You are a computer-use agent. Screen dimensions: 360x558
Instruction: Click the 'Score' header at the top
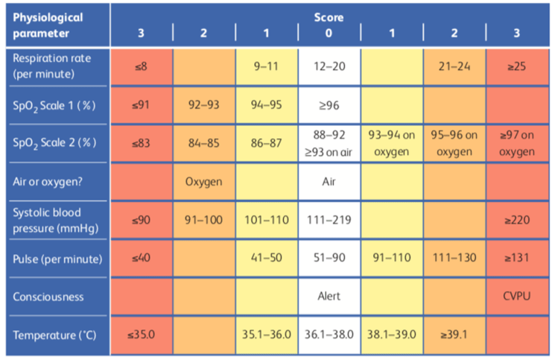click(329, 16)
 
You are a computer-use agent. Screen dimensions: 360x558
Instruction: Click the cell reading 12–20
click(329, 67)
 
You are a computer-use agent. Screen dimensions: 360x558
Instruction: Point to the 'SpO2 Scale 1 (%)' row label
click(51, 105)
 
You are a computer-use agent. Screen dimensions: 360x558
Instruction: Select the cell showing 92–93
click(204, 105)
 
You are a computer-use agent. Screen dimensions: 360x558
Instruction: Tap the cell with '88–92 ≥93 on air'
click(329, 143)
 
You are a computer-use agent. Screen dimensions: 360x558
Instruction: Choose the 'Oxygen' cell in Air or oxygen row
click(204, 181)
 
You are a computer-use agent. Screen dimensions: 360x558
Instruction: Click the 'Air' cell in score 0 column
click(329, 181)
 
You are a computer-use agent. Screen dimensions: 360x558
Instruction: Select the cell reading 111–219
click(329, 220)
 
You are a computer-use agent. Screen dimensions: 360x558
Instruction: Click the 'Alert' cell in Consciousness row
click(329, 296)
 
